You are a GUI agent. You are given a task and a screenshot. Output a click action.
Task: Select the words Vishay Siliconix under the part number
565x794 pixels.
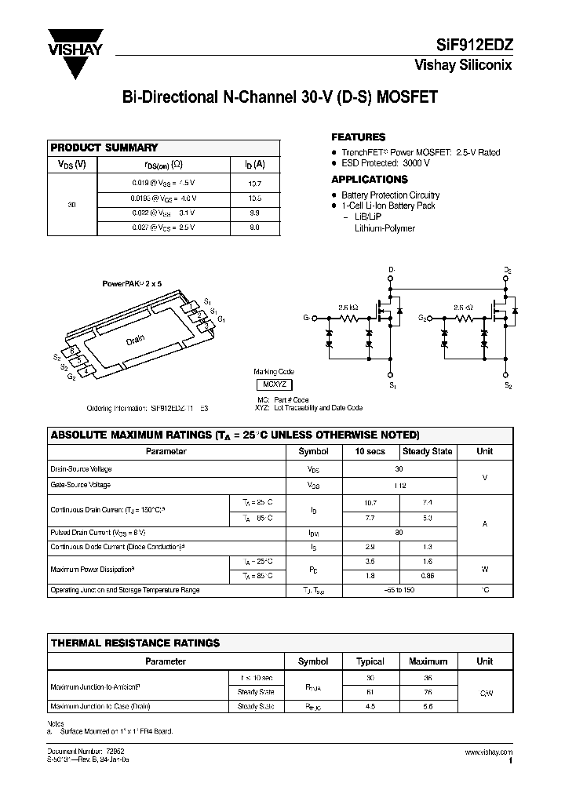(x=463, y=66)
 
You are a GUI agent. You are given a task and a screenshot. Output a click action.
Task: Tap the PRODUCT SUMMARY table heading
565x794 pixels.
(x=104, y=148)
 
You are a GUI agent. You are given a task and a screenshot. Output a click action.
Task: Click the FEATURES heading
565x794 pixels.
(x=358, y=137)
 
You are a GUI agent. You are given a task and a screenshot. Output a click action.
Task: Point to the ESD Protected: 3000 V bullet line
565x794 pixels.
(x=385, y=163)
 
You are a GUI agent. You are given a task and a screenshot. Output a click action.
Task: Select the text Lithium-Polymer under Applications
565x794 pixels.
(x=385, y=228)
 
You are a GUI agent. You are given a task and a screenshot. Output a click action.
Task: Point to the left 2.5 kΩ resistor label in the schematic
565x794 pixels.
(x=348, y=308)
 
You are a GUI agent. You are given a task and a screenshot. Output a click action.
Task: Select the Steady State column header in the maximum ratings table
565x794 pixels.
(x=427, y=451)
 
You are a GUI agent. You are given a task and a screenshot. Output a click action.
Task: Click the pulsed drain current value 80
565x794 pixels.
(x=399, y=532)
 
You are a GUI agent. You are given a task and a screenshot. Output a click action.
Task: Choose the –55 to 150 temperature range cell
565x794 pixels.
(x=399, y=590)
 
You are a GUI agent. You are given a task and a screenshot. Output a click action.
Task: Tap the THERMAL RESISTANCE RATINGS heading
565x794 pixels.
(x=134, y=643)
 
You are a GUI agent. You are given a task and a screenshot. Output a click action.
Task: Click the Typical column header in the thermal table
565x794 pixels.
(x=370, y=661)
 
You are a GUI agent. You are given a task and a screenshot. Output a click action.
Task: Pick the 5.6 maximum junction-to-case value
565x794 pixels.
(x=428, y=705)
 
